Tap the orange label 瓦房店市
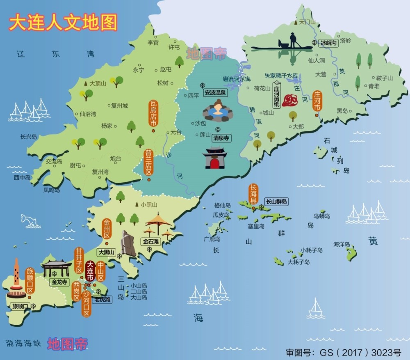[153, 114]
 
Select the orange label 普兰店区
[148, 162]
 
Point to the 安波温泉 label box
[215, 92]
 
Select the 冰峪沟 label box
[328, 42]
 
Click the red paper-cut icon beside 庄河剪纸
[292, 100]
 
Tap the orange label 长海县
[253, 194]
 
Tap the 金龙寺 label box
[58, 282]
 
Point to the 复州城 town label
[119, 105]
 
